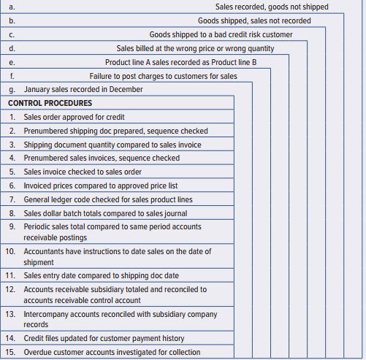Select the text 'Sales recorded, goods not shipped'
[x=272, y=7]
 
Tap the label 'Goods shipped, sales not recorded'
[x=254, y=20]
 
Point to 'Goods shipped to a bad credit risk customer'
[x=221, y=34]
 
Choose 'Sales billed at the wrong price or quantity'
[x=196, y=48]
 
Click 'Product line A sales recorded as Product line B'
[x=180, y=62]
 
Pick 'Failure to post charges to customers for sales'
[x=163, y=76]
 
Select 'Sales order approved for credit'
[x=74, y=117]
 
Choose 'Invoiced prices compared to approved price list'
[x=101, y=186]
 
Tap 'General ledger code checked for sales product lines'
[x=108, y=199]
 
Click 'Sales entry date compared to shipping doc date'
[x=102, y=276]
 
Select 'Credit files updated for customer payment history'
[x=104, y=339]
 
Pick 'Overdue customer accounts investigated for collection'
[x=111, y=353]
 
